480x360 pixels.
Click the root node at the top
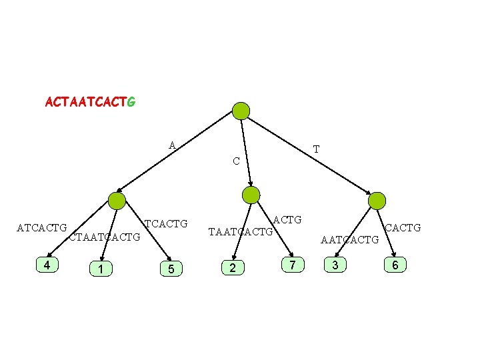tap(241, 111)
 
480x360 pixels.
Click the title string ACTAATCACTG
tap(90, 103)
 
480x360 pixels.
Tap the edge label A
tap(172, 145)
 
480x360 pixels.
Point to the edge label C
tap(236, 161)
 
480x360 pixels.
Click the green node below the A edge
tap(117, 201)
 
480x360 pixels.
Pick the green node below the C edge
tap(251, 195)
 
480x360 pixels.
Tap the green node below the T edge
tap(377, 200)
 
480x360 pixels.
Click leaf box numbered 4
tap(46, 265)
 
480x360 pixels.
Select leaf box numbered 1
tap(100, 269)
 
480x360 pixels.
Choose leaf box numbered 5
tap(171, 269)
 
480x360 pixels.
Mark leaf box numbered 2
tap(231, 268)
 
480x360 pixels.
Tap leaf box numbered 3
tap(335, 265)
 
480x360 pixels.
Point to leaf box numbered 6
tap(395, 265)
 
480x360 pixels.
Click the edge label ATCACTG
tap(41, 228)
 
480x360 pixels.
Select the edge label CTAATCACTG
tap(105, 237)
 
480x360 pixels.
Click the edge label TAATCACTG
tap(241, 232)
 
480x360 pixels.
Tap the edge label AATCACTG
tap(350, 239)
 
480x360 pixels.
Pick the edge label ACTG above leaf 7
tap(287, 219)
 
